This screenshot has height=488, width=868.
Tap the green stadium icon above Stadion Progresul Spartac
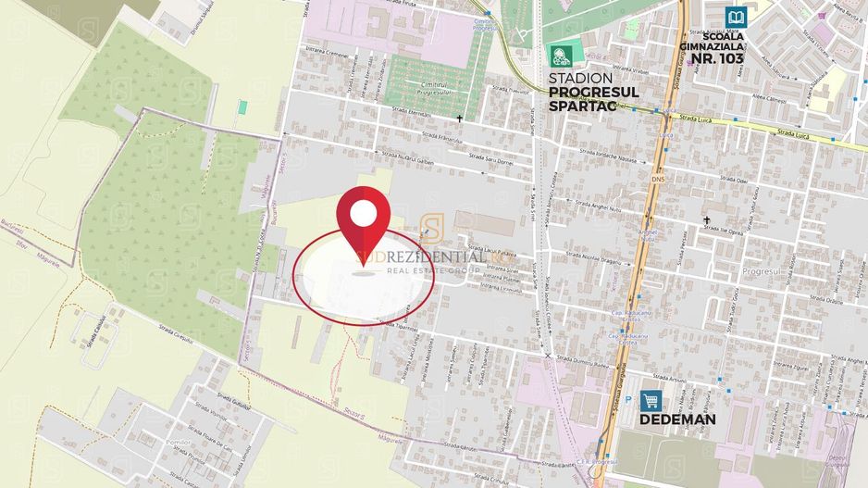coord(558,55)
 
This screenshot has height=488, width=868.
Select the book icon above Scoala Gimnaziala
coord(737,17)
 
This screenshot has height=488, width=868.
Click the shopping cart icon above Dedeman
coord(651,401)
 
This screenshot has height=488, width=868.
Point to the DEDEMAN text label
coord(678,419)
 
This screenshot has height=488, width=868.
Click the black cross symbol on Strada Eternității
coord(460,119)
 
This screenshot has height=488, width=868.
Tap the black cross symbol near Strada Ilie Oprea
coord(708,220)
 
